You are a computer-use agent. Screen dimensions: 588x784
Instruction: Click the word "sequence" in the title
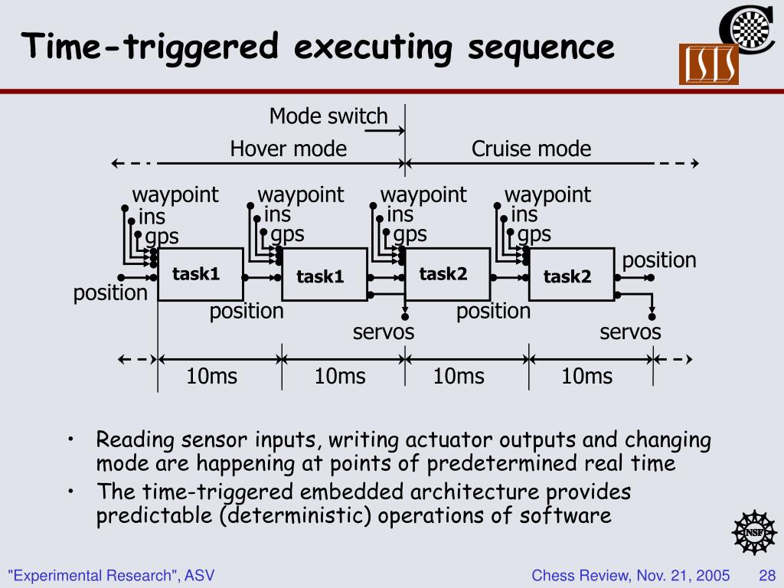[x=541, y=47]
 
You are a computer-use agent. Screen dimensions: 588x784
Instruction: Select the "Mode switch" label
[x=328, y=116]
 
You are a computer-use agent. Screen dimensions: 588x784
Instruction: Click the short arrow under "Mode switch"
[x=384, y=132]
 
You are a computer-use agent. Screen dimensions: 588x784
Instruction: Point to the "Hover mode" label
[x=288, y=149]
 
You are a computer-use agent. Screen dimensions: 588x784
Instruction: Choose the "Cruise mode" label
[x=531, y=149]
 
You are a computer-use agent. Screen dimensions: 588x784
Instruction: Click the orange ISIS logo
[x=708, y=64]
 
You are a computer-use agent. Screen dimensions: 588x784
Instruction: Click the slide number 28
[x=767, y=575]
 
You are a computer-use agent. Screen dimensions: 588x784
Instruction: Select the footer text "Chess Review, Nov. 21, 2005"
[x=630, y=575]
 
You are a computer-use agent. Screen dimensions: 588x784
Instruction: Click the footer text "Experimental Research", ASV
[x=111, y=575]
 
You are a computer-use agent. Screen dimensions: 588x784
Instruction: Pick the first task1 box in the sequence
[x=200, y=274]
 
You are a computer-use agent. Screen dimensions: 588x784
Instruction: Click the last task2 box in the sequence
[x=571, y=276]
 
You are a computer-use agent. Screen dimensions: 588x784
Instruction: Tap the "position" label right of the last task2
[x=659, y=260]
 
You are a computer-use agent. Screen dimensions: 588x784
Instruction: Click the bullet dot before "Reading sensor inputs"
[x=70, y=440]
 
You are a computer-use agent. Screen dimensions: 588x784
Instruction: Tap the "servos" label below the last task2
[x=630, y=332]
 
